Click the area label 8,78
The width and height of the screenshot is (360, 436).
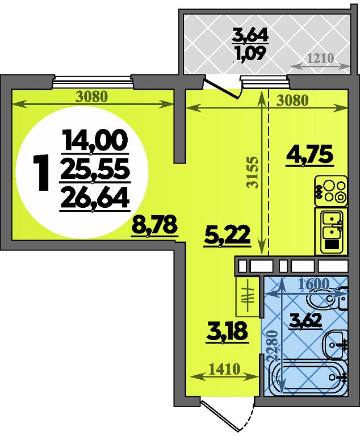pyautogui.click(x=154, y=225)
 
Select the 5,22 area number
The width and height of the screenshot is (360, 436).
pyautogui.click(x=227, y=234)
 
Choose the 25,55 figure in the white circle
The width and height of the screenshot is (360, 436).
pyautogui.click(x=95, y=168)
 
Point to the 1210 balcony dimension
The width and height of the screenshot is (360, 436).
pyautogui.click(x=320, y=58)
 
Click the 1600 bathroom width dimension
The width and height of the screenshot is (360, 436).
pyautogui.click(x=313, y=284)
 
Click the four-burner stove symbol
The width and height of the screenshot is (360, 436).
pyautogui.click(x=331, y=191)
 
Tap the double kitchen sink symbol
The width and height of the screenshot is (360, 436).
pyautogui.click(x=331, y=231)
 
